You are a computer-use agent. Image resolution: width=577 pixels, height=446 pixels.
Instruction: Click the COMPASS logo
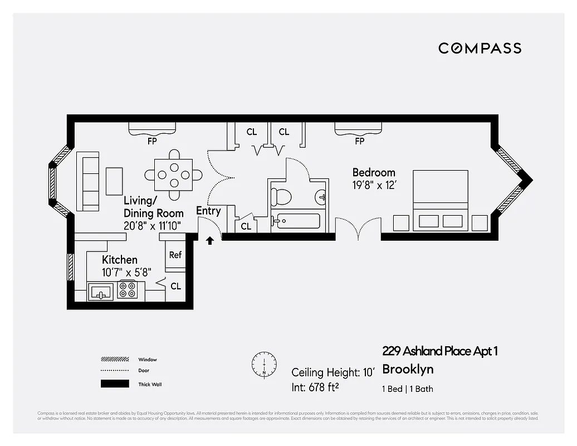tap(480, 49)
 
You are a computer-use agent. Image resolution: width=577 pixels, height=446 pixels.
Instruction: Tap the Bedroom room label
tap(374, 172)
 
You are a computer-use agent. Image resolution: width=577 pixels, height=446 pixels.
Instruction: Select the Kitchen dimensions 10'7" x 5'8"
tap(126, 272)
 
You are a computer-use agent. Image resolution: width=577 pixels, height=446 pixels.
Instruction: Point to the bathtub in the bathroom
tap(296, 221)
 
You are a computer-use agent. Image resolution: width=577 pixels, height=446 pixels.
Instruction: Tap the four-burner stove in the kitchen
tap(128, 290)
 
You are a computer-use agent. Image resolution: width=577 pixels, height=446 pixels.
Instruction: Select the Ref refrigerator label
tap(175, 255)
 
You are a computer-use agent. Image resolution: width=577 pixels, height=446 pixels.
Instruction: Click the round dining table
tap(173, 174)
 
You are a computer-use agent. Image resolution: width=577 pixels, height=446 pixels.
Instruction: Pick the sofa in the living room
tap(89, 181)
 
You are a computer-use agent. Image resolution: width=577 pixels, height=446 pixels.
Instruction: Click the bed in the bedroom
tap(440, 200)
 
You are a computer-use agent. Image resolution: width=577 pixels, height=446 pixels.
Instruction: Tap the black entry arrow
tap(210, 241)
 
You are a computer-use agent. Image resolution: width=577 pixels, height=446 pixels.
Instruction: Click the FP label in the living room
tap(152, 141)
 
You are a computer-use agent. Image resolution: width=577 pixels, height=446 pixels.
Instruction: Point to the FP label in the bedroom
tap(359, 141)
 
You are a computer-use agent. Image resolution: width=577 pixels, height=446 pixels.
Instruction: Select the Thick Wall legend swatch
tap(115, 384)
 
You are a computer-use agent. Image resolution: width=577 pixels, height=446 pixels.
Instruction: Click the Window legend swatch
tap(115, 360)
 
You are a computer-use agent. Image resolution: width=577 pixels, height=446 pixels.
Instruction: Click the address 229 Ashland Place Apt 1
tap(440, 351)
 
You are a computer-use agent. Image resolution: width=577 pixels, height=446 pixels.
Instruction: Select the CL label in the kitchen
tap(175, 287)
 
